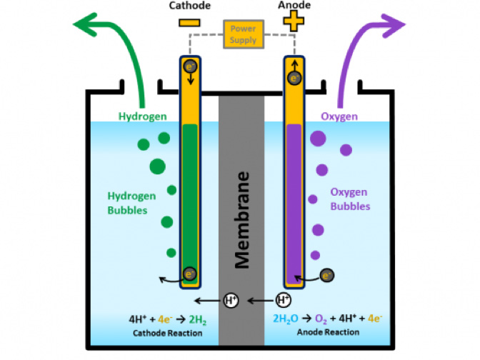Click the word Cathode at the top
coord(190,6)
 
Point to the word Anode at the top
coord(292,6)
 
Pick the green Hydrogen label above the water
coord(144,116)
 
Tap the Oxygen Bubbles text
coord(350,199)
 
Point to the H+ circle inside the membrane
coord(231,301)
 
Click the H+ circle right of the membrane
coord(284,301)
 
